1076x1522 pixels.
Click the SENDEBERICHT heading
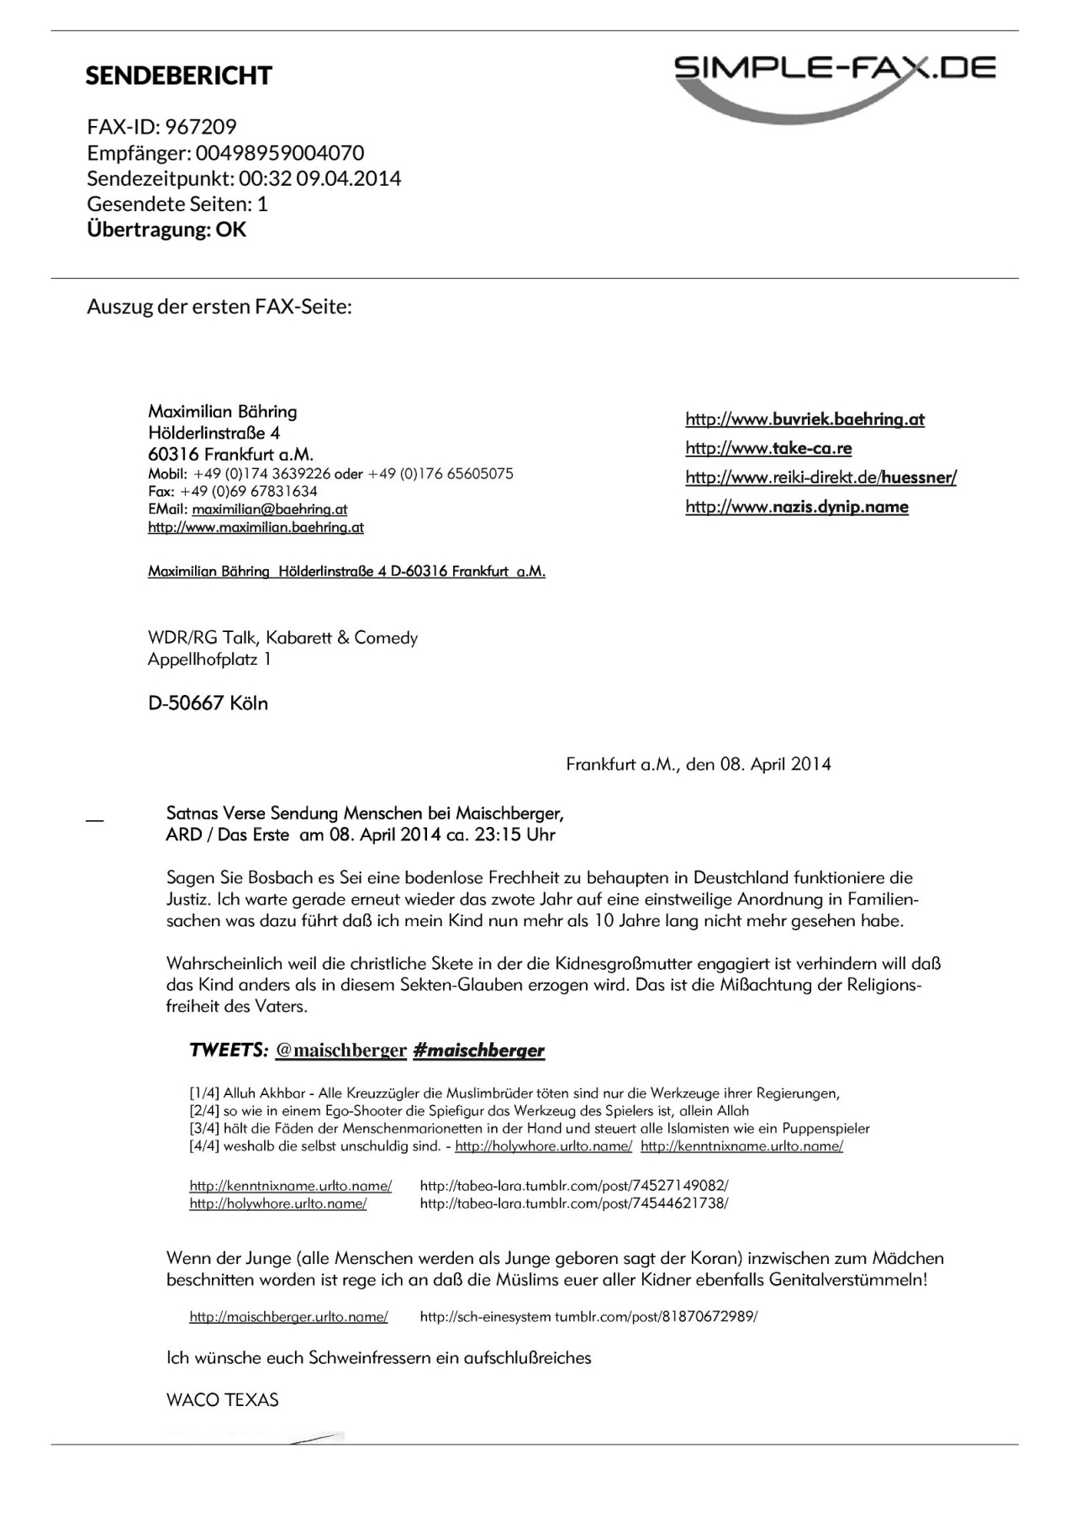coord(178,76)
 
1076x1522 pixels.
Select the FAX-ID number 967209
coord(201,127)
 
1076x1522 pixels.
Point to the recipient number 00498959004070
coord(280,153)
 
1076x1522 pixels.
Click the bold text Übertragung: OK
coord(166,229)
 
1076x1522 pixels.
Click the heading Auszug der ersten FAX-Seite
coord(219,306)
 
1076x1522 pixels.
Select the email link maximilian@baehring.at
coord(269,509)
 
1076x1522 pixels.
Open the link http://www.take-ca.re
coord(768,448)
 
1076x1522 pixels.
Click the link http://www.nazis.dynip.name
coord(796,507)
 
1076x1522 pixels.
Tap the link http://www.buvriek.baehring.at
coord(804,419)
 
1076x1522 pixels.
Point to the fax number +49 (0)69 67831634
coord(248,492)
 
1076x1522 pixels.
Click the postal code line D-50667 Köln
coord(208,703)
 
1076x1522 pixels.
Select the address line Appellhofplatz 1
coord(209,660)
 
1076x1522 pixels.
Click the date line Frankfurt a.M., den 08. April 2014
coord(698,765)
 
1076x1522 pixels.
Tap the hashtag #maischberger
coord(478,1051)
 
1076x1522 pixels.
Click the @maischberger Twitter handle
coord(340,1051)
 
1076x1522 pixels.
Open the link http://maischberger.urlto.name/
coord(288,1317)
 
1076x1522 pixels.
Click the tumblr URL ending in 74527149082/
coord(573,1186)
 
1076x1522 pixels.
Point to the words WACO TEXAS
coord(223,1400)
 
